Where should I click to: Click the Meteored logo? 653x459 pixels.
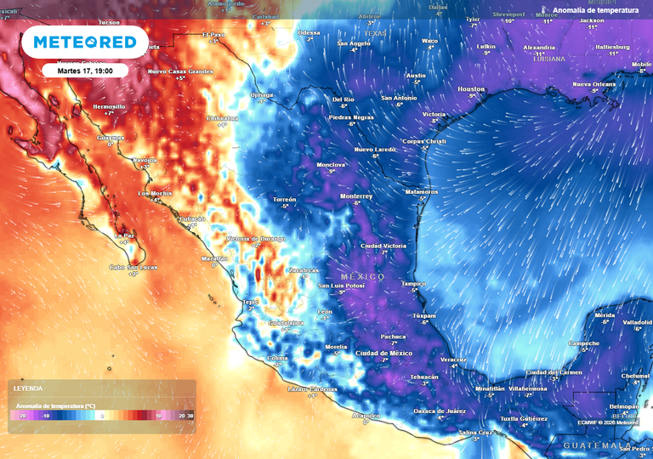point(84,42)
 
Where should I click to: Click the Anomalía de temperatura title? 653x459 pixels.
point(595,10)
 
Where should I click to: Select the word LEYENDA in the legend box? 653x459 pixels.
point(28,388)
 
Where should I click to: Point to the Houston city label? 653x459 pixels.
point(471,89)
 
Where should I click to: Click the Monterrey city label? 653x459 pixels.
point(356,195)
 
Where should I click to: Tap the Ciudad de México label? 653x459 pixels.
point(383,353)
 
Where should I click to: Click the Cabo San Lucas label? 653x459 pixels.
point(133,268)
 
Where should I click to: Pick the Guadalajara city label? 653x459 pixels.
point(286,323)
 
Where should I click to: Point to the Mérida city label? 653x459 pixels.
point(604,315)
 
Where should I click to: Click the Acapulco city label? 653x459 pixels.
point(366,415)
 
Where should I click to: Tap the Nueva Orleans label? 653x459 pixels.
point(593,84)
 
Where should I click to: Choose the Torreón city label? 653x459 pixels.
point(285,199)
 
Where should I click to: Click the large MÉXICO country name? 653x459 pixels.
point(363,277)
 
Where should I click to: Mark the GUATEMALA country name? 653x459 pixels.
point(596,445)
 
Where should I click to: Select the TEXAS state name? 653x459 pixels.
point(374,33)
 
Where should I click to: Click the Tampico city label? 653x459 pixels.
point(413,283)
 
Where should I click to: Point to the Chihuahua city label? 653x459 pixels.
point(223,118)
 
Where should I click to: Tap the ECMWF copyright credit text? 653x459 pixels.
point(610,422)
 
